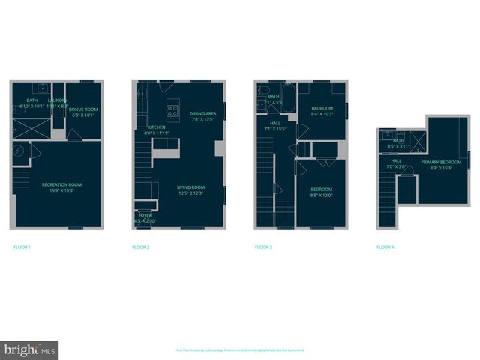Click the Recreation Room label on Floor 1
click(61, 187)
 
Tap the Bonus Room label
click(83, 112)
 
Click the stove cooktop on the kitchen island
click(172, 112)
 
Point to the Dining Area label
click(202, 115)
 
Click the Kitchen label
click(157, 130)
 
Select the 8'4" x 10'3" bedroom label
click(325, 111)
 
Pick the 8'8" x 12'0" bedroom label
click(322, 192)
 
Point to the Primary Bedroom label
click(440, 165)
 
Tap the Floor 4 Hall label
click(396, 163)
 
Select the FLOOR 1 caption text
click(22, 247)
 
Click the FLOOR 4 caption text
click(385, 247)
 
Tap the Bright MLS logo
click(29, 349)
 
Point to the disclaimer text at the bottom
click(239, 349)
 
